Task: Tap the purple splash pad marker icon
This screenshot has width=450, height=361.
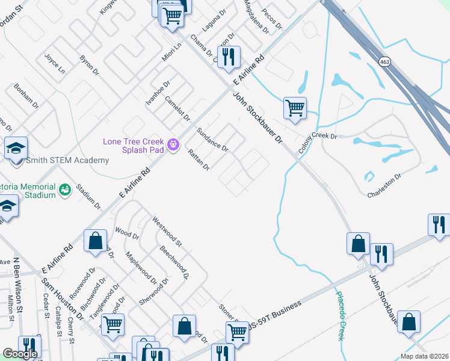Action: click(174, 144)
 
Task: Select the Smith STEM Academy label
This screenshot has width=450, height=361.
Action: click(67, 160)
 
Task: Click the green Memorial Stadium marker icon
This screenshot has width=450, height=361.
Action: click(65, 190)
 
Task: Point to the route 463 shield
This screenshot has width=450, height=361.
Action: click(383, 61)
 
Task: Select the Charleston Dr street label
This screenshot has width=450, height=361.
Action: click(384, 185)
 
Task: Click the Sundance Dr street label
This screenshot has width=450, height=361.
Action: click(213, 140)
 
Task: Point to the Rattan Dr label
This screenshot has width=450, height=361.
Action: click(198, 159)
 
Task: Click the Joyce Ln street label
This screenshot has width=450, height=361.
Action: click(55, 63)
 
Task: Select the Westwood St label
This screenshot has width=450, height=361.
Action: click(167, 232)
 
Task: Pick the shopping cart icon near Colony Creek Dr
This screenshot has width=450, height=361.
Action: click(295, 109)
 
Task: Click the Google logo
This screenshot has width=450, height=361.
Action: click(20, 354)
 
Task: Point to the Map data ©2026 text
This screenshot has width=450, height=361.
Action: click(424, 356)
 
